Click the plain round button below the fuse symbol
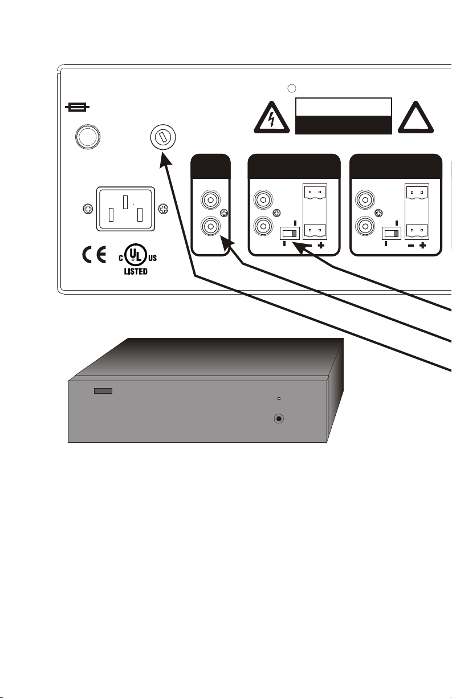[x=88, y=137]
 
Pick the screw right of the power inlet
[x=162, y=209]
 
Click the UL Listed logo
[x=136, y=259]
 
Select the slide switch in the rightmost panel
[x=392, y=234]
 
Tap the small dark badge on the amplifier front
[x=103, y=391]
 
